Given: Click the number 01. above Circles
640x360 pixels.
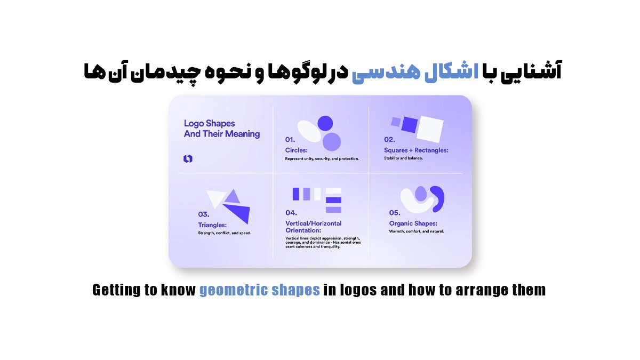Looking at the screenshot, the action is tap(290, 140).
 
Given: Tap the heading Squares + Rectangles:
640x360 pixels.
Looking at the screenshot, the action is tap(416, 150).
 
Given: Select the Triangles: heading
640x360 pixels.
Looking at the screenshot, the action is tap(212, 225).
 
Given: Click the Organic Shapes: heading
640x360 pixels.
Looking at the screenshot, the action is tap(413, 223).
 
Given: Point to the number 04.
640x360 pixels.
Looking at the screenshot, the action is tap(291, 213).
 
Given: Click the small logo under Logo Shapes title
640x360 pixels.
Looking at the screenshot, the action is tap(188, 158).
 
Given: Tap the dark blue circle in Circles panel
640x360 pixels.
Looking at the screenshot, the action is tap(325, 123).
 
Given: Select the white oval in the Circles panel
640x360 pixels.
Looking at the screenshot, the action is tap(309, 131).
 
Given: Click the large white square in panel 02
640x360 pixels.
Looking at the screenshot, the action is tap(430, 129).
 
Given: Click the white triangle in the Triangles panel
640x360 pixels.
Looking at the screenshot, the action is tap(217, 198).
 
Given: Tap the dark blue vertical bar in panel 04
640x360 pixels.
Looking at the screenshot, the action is tap(295, 194).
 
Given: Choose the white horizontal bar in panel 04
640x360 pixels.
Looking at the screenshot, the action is tap(333, 191).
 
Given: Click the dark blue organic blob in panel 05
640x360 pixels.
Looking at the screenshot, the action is tap(438, 198).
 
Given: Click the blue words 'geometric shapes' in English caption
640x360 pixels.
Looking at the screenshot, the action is tap(259, 290).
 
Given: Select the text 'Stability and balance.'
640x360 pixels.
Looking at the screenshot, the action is tap(403, 158).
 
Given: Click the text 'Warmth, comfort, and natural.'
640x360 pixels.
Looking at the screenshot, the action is tap(417, 231).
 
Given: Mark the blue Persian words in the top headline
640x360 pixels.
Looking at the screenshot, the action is tap(415, 71).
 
